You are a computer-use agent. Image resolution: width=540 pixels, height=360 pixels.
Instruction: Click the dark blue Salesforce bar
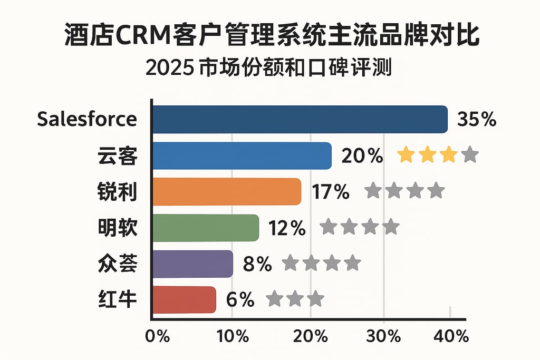(300, 119)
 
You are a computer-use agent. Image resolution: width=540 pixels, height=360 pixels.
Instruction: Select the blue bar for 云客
(242, 156)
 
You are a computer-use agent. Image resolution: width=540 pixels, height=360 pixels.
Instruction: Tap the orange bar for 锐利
(226, 191)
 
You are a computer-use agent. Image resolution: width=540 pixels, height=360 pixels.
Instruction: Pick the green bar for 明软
(205, 228)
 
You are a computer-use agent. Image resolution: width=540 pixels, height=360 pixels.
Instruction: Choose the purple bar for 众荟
(192, 264)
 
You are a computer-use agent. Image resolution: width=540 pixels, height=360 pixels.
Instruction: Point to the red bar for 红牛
(184, 299)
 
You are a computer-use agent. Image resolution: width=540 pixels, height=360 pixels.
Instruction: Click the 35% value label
(477, 120)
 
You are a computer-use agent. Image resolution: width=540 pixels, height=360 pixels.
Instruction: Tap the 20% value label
(362, 156)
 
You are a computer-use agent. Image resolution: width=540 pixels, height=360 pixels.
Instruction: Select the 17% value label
(331, 192)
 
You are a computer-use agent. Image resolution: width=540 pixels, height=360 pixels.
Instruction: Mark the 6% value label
(240, 300)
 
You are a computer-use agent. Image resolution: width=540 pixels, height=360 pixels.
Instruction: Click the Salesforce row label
(87, 119)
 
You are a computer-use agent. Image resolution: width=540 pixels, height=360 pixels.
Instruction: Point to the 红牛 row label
(118, 299)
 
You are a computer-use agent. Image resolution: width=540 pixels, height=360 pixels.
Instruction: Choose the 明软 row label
(118, 228)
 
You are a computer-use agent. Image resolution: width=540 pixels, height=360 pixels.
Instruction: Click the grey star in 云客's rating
(469, 155)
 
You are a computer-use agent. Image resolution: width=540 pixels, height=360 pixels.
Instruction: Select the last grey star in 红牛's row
(315, 299)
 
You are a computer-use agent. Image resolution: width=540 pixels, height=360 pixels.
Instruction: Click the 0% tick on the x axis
(157, 336)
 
